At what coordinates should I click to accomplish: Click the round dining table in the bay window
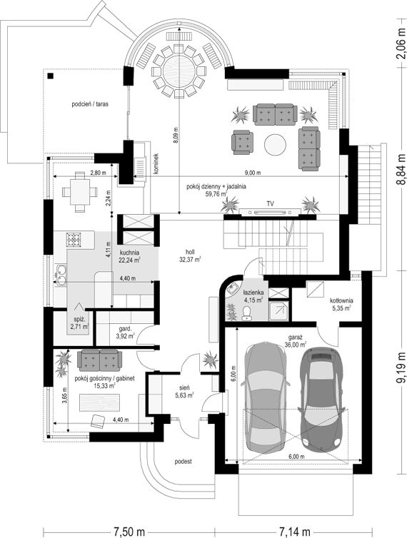(x=179, y=71)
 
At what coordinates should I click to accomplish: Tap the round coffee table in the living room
(x=275, y=145)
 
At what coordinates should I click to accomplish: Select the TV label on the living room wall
(x=271, y=204)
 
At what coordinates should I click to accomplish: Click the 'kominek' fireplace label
(x=156, y=164)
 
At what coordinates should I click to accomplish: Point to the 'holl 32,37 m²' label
(x=190, y=256)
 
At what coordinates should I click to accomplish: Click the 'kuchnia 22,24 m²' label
(x=129, y=256)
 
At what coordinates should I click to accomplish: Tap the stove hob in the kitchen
(x=73, y=240)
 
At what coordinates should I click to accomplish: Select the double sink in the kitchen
(x=61, y=275)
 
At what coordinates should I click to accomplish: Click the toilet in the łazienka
(x=246, y=313)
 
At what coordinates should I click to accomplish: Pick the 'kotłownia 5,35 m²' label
(x=341, y=305)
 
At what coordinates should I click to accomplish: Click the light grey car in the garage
(x=265, y=397)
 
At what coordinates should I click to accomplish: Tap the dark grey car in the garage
(x=321, y=400)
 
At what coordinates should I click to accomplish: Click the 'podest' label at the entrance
(x=183, y=462)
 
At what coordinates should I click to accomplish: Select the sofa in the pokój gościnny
(x=99, y=360)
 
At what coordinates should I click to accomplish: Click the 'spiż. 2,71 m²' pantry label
(x=79, y=323)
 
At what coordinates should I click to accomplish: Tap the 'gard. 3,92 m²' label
(x=126, y=333)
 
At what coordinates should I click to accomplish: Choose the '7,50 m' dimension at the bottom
(x=129, y=532)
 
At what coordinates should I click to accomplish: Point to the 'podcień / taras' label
(x=90, y=103)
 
